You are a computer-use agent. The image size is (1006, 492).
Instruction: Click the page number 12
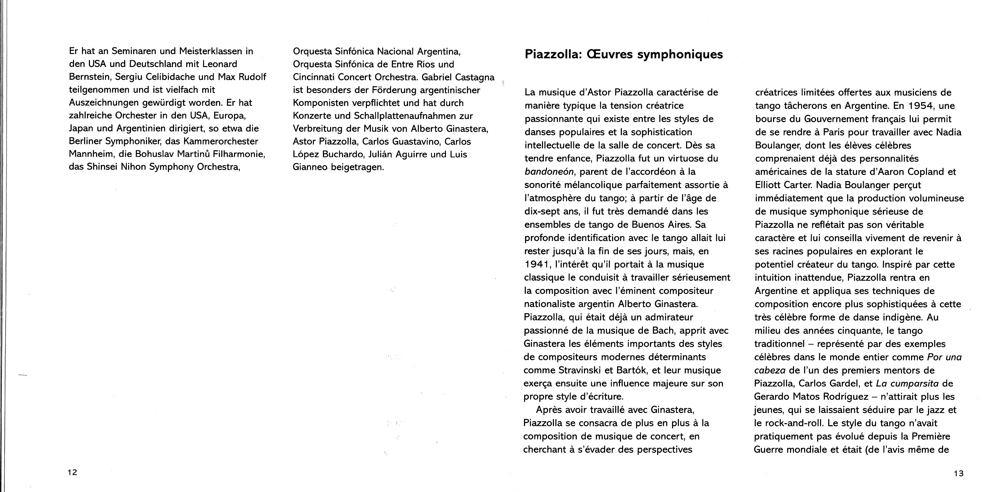click(72, 472)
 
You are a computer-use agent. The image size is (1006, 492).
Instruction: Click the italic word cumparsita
click(903, 384)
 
